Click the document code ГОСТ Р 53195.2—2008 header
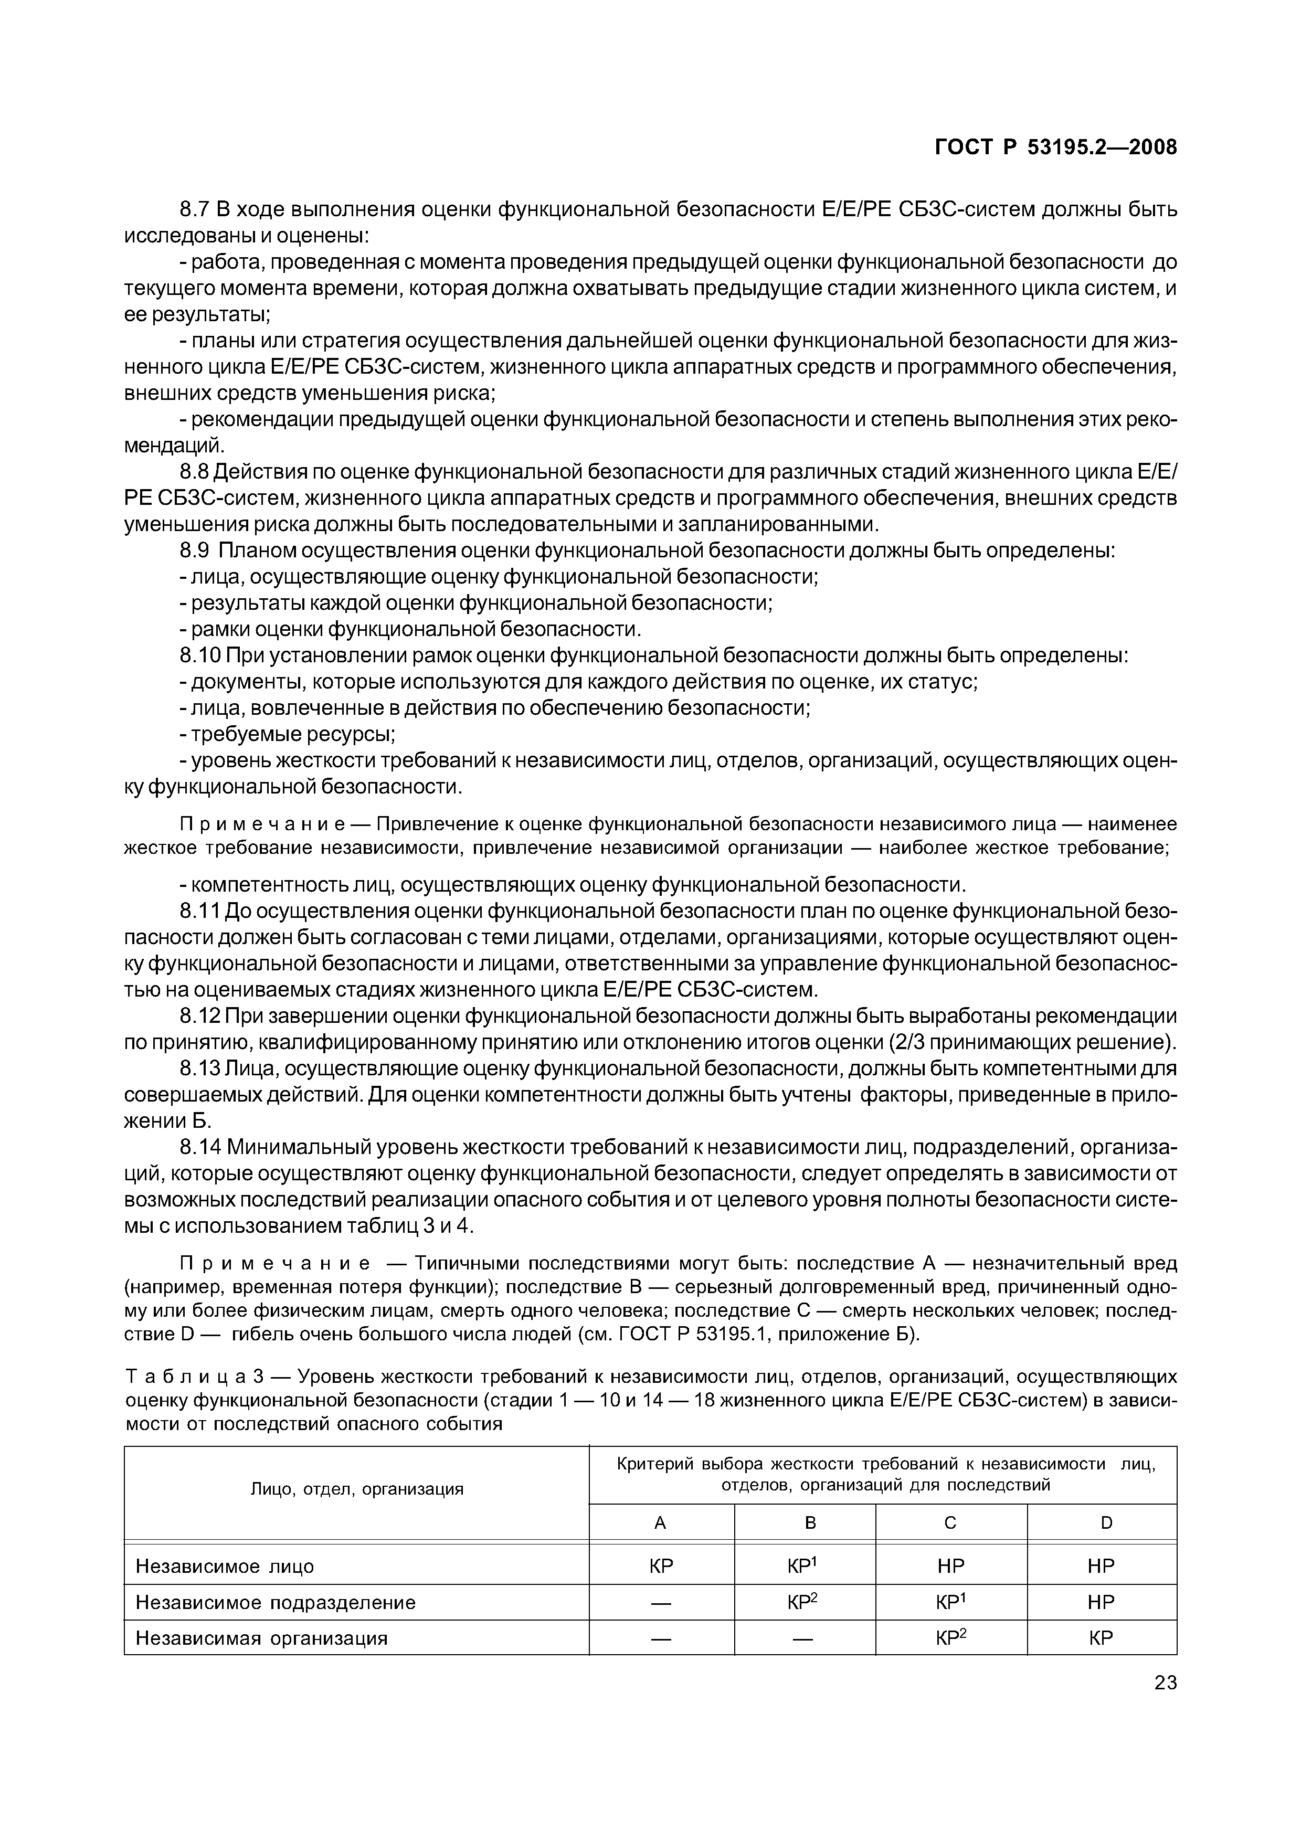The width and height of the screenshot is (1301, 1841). (1056, 147)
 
